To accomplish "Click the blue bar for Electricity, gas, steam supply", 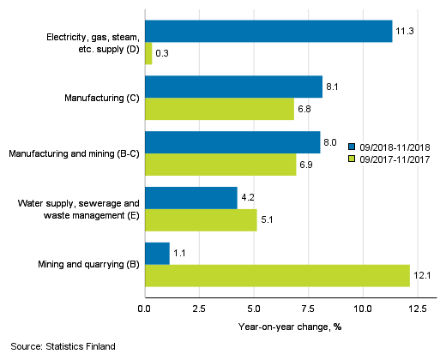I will [x=268, y=31].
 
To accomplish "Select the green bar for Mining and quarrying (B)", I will [x=277, y=275].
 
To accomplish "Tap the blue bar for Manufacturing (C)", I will [x=233, y=87].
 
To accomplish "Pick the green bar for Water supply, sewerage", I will [x=201, y=220].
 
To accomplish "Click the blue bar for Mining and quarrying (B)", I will [x=157, y=254].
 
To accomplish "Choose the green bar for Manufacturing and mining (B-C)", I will [x=220, y=165].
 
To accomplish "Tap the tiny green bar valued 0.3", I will [x=148, y=53].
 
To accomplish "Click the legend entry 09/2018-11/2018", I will [x=394, y=146].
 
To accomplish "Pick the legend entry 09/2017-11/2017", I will [x=394, y=159].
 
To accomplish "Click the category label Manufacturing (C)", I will [x=102, y=98].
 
